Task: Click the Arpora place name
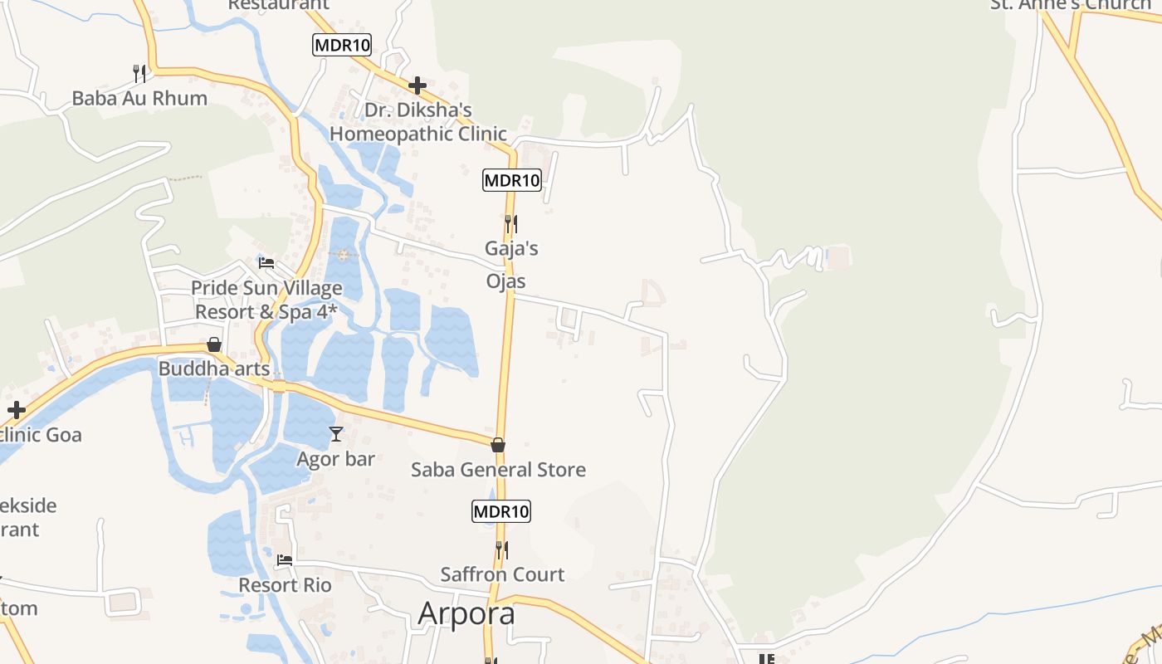(466, 613)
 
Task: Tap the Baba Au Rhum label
(139, 98)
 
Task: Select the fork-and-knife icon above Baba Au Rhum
(139, 74)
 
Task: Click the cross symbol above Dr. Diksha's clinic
(417, 85)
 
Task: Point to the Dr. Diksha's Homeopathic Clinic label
(418, 122)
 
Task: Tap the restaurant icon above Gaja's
(511, 224)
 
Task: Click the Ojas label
(506, 281)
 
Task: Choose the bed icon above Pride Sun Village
(266, 263)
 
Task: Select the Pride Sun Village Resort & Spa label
(267, 300)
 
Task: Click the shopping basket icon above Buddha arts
(214, 344)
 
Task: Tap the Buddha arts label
(214, 368)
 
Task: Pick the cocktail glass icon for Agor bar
(336, 434)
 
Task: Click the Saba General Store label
(498, 470)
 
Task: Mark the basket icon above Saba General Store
(498, 446)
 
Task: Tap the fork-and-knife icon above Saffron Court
(502, 549)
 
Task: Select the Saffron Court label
(502, 574)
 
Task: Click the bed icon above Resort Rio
(285, 560)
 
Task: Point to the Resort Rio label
(285, 585)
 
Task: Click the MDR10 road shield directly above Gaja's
(511, 180)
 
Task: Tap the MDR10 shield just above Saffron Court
(501, 511)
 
